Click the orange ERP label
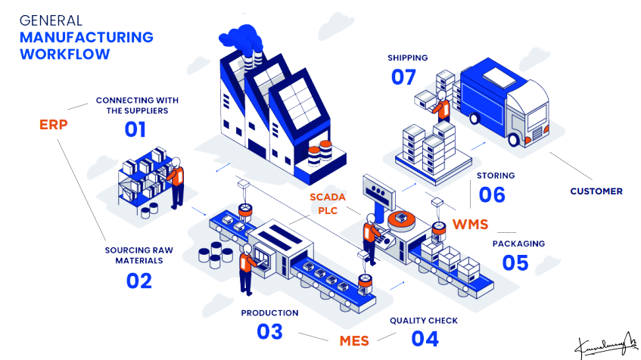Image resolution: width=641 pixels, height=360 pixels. click(54, 123)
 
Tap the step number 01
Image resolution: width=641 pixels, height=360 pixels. click(135, 129)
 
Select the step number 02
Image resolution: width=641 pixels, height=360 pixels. click(139, 281)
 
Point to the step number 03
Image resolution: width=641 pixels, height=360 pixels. click(269, 331)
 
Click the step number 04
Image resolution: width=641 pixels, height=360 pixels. click(425, 339)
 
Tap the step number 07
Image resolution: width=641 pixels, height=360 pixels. click(404, 76)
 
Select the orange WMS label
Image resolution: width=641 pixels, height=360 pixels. click(470, 224)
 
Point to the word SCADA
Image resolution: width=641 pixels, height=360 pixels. click(327, 197)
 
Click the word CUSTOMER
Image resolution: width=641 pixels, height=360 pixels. click(596, 191)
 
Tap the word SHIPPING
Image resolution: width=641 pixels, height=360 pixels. click(407, 57)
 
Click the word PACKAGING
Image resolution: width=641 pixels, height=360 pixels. click(518, 244)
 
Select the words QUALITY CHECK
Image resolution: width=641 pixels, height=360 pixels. click(424, 321)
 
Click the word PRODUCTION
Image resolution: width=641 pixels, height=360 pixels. click(269, 312)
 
